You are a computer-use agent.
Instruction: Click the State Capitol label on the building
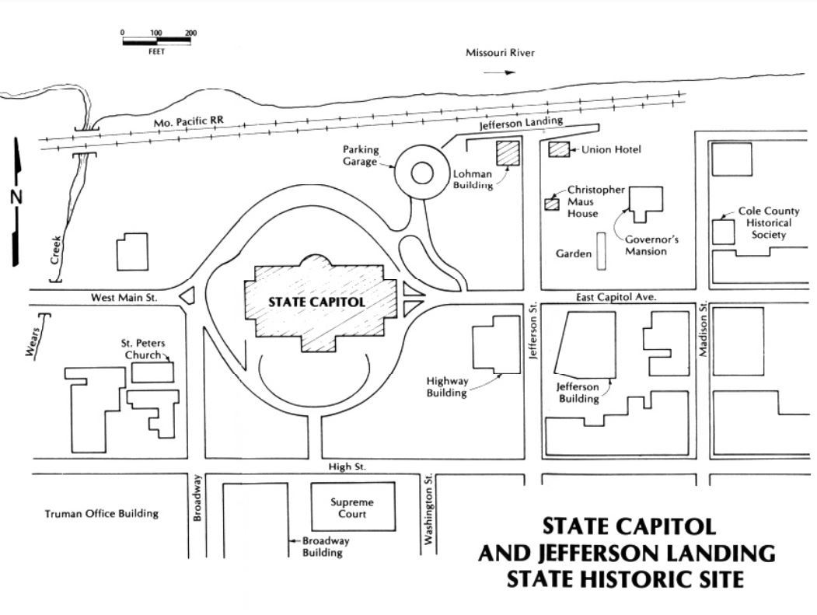coord(316,302)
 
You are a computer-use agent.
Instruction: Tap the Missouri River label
coord(501,53)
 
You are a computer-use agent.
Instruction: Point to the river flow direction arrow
coord(499,72)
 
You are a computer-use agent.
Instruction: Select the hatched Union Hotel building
coord(559,149)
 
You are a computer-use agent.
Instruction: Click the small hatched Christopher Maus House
coord(551,204)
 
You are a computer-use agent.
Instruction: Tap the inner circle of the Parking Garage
coord(421,173)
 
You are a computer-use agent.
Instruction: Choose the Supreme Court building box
coord(352,507)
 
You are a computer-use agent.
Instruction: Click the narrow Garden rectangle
coord(602,252)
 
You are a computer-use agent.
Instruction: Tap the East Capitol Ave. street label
coord(618,297)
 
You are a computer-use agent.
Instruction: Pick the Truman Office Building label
coord(101,513)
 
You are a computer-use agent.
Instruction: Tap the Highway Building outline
coord(495,344)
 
